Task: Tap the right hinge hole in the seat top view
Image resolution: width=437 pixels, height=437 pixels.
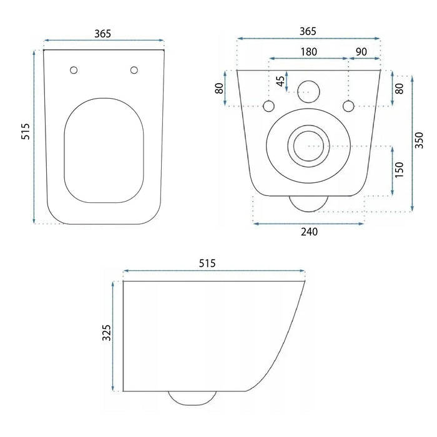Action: [134, 70]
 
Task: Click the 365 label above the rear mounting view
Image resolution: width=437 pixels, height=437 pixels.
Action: [308, 31]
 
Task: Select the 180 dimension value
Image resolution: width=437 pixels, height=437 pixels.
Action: [308, 51]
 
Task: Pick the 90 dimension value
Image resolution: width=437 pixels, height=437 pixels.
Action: [361, 51]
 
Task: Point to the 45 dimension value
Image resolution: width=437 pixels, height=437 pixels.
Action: [281, 81]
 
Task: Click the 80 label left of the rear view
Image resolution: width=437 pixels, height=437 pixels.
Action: [220, 88]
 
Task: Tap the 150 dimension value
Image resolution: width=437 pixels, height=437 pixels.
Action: [399, 169]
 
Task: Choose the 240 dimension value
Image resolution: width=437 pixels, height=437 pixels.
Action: [309, 232]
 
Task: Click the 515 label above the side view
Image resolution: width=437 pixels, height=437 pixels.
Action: [207, 263]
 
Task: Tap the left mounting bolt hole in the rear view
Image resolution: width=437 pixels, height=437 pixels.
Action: [269, 106]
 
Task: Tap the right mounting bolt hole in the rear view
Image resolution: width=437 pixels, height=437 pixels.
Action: [348, 106]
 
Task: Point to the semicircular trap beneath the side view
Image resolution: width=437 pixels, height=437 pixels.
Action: [193, 397]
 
